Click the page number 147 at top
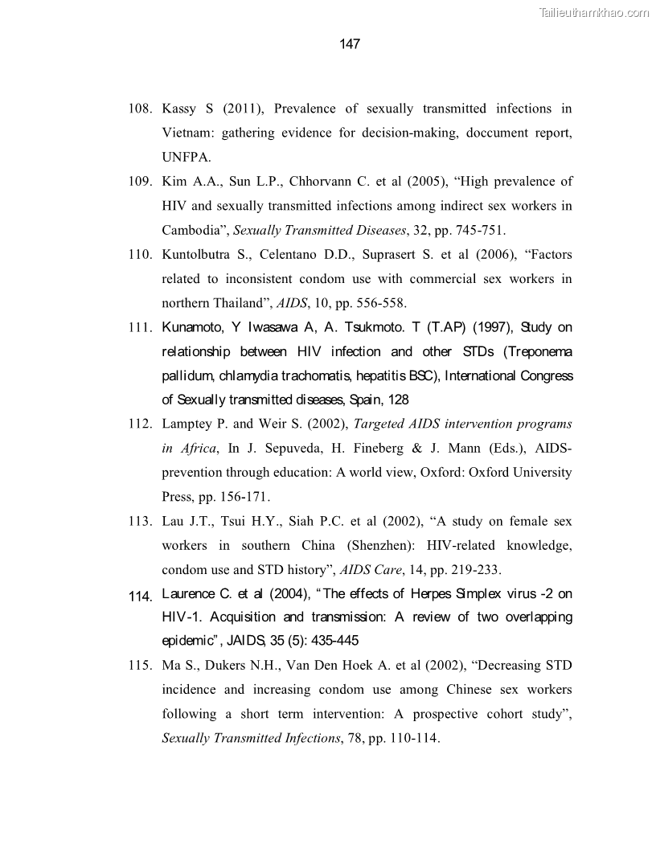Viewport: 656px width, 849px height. [350, 44]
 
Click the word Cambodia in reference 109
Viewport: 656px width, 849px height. [194, 230]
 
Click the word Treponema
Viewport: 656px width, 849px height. [539, 351]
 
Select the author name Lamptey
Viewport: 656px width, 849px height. [187, 424]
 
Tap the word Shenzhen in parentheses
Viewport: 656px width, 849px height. [381, 546]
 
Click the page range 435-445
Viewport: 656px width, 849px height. [330, 642]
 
